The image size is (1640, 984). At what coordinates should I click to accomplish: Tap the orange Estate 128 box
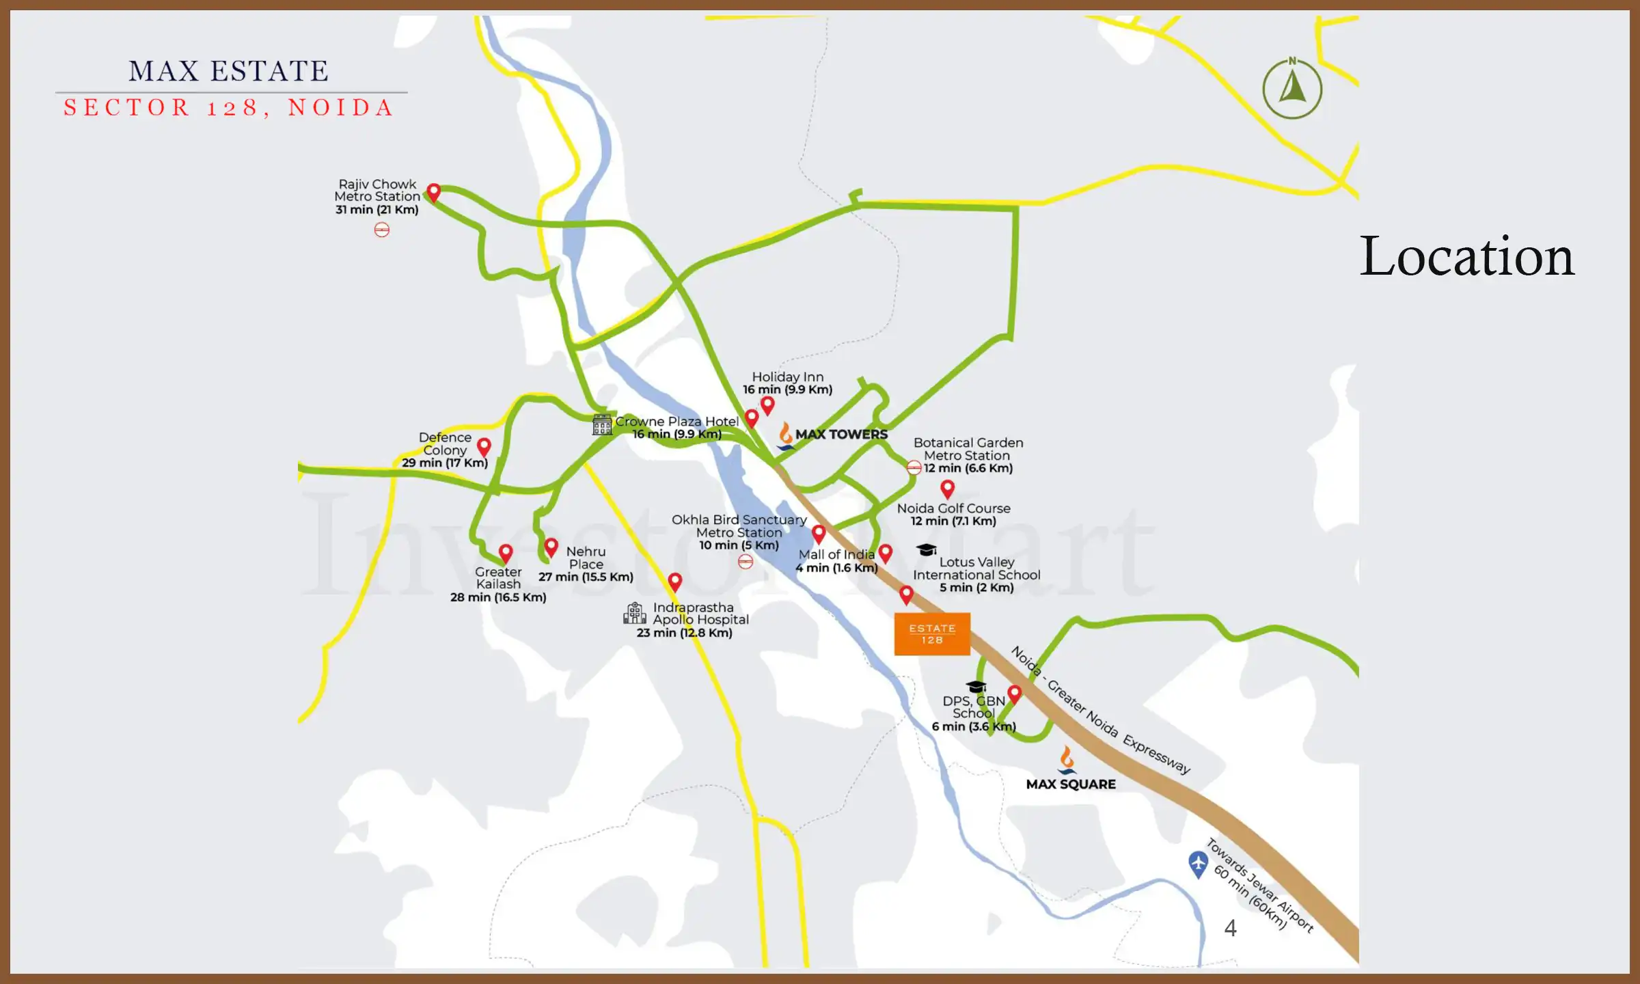[x=932, y=634]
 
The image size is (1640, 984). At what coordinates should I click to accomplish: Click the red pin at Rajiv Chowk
[x=433, y=192]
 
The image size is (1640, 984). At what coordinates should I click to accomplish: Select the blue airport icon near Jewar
[x=1198, y=864]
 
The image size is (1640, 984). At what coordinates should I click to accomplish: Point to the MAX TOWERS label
[x=841, y=435]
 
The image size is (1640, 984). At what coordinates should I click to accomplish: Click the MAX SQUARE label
[x=1071, y=784]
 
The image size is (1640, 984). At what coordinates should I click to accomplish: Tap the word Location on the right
[x=1467, y=256]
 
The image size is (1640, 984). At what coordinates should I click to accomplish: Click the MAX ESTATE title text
[x=229, y=71]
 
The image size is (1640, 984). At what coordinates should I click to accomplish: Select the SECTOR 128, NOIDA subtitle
[x=229, y=108]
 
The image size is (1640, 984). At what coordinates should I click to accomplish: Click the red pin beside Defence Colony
[x=484, y=447]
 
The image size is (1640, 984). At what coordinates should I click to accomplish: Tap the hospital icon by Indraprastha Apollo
[x=635, y=613]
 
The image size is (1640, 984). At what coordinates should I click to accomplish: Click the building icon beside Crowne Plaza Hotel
[x=602, y=425]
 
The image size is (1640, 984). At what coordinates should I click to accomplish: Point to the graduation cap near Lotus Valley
[x=926, y=550]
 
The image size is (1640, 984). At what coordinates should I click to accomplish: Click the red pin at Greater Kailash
[x=506, y=553]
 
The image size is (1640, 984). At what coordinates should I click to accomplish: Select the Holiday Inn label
[x=787, y=377]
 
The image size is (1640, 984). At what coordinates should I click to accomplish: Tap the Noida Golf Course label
[x=953, y=508]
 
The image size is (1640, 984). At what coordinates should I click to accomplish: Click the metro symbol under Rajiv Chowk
[x=382, y=230]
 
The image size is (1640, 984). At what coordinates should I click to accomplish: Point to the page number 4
[x=1230, y=928]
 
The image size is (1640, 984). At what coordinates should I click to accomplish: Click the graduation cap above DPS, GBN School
[x=976, y=686]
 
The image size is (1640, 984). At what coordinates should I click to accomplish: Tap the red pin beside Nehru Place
[x=551, y=547]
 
